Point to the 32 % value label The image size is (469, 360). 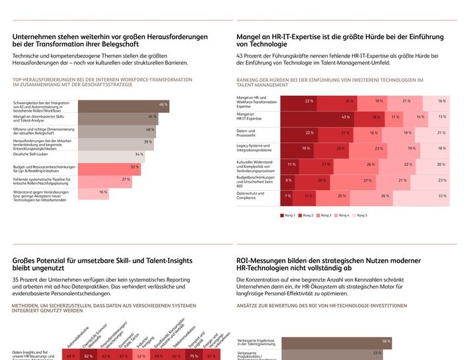(x=134, y=167)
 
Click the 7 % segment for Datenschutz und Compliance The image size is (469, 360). (x=287, y=196)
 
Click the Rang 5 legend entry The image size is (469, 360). (x=360, y=215)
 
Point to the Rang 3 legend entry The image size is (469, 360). (x=324, y=215)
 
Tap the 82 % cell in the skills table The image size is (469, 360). (x=88, y=356)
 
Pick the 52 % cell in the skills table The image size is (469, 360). (x=141, y=356)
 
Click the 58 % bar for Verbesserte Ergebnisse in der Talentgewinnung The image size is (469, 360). (x=336, y=341)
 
